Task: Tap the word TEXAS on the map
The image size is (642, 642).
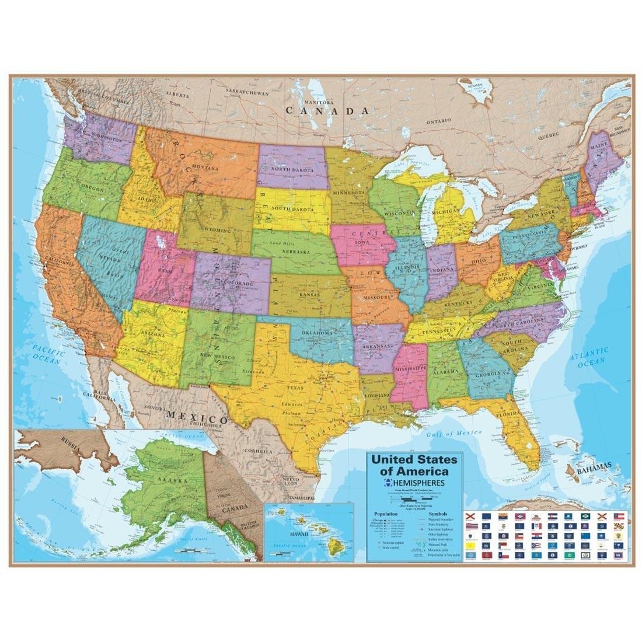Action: coord(294,387)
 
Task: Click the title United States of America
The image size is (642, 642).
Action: coord(414,465)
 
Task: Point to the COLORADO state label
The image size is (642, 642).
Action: coord(236,284)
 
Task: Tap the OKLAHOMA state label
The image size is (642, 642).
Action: coord(317,333)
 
